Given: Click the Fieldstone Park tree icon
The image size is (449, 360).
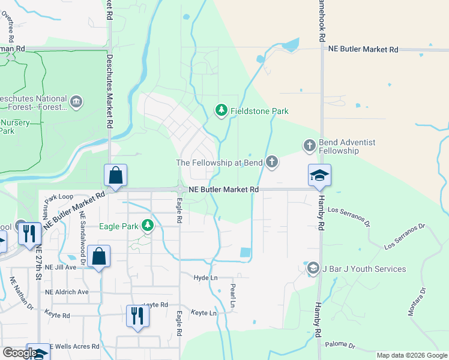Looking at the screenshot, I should [221, 110].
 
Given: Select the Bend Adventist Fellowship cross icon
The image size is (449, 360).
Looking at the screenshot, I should [309, 145].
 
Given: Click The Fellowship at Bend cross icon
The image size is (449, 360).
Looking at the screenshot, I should [272, 162].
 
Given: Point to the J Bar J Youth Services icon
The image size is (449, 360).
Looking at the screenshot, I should [312, 269].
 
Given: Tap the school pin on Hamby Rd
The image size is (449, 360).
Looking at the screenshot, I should [320, 175].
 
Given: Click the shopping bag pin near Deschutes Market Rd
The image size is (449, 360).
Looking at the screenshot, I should [115, 175].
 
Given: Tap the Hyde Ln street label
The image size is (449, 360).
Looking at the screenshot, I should [205, 278].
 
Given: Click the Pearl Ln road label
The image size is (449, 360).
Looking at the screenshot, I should [233, 296].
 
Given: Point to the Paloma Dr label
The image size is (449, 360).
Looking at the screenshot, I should [340, 346].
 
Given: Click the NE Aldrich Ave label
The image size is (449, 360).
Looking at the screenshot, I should [67, 292].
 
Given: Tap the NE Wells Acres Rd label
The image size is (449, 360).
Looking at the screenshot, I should [74, 346].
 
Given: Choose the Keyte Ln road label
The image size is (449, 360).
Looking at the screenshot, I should [203, 313].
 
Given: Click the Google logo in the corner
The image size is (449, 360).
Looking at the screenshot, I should [20, 353].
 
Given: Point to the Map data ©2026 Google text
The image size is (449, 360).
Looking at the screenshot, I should [412, 355].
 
